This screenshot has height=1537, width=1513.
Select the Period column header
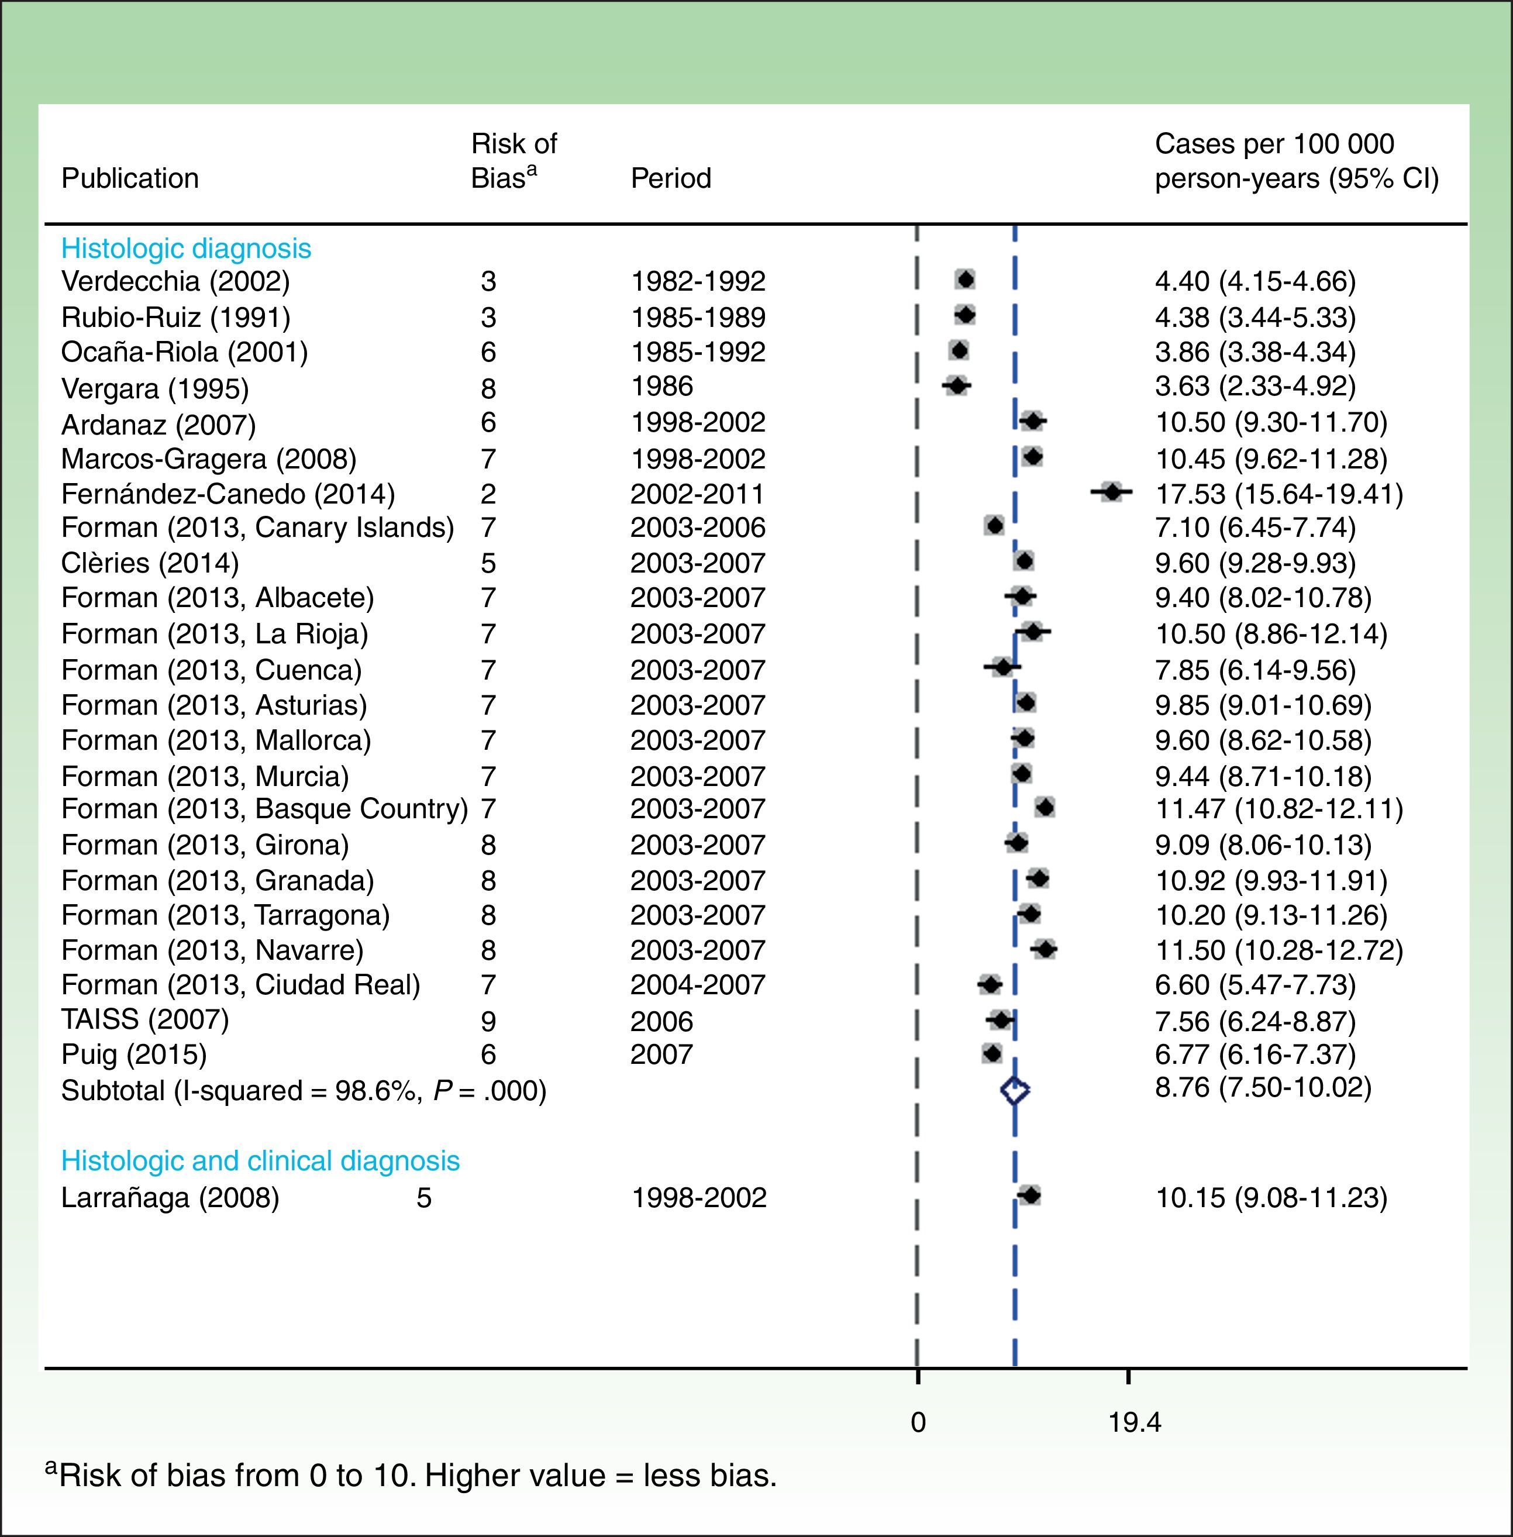[671, 178]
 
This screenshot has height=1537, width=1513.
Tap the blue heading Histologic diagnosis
[186, 249]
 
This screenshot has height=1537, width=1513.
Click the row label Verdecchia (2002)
[175, 281]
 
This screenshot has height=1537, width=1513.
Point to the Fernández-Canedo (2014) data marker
[1112, 492]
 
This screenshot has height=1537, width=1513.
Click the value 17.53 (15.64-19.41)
[1278, 494]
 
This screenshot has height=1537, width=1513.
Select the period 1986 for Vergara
[662, 386]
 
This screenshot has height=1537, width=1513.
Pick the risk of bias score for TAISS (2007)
[488, 1021]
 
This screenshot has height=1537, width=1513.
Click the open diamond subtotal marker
[1015, 1090]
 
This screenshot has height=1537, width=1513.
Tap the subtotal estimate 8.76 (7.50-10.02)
[1263, 1087]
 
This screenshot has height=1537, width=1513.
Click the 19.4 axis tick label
[1134, 1422]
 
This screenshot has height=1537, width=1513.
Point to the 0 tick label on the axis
[918, 1422]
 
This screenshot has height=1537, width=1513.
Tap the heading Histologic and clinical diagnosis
[260, 1161]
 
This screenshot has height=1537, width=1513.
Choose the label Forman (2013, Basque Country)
[264, 809]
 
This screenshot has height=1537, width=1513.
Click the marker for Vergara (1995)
[957, 385]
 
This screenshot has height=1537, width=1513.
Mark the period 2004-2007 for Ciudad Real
[697, 985]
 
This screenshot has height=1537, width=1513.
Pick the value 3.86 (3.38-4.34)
[1254, 351]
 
